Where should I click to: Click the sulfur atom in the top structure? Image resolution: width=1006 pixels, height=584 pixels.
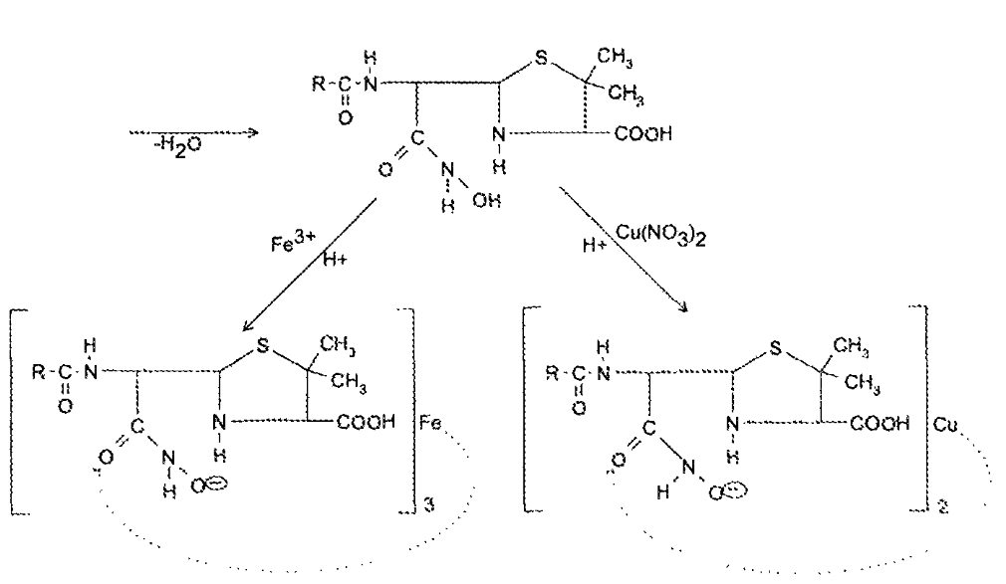(x=540, y=60)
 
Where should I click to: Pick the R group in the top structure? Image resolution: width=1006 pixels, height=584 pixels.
(x=318, y=85)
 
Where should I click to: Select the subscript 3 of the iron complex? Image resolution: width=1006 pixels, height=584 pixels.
(x=430, y=506)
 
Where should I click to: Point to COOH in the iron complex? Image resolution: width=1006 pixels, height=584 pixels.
(x=370, y=422)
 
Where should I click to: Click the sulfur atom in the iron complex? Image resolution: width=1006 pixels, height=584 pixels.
(x=263, y=346)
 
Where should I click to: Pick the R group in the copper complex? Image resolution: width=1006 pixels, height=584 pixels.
(x=554, y=374)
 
